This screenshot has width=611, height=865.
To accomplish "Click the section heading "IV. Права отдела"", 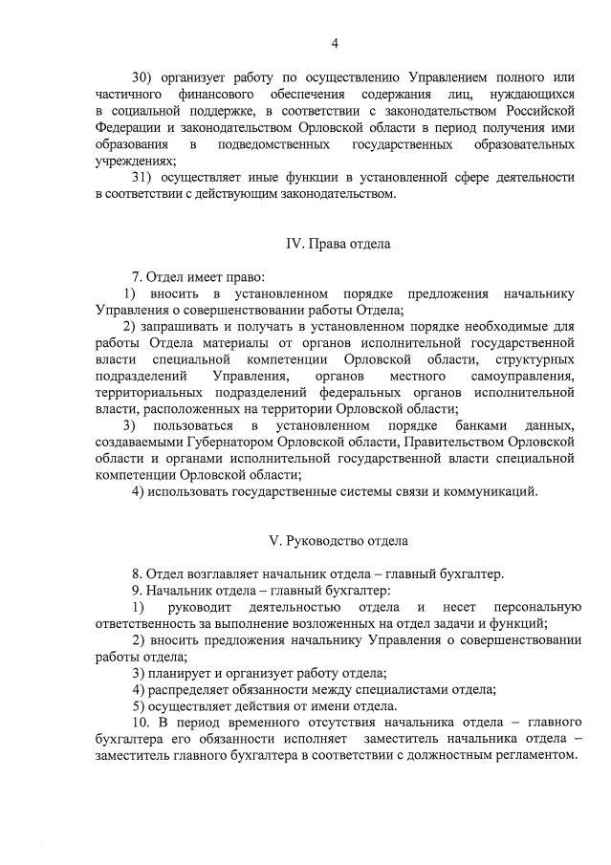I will (338, 244).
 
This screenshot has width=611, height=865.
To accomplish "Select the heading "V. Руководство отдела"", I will (338, 541).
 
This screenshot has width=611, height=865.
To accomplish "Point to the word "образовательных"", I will (523, 143).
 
